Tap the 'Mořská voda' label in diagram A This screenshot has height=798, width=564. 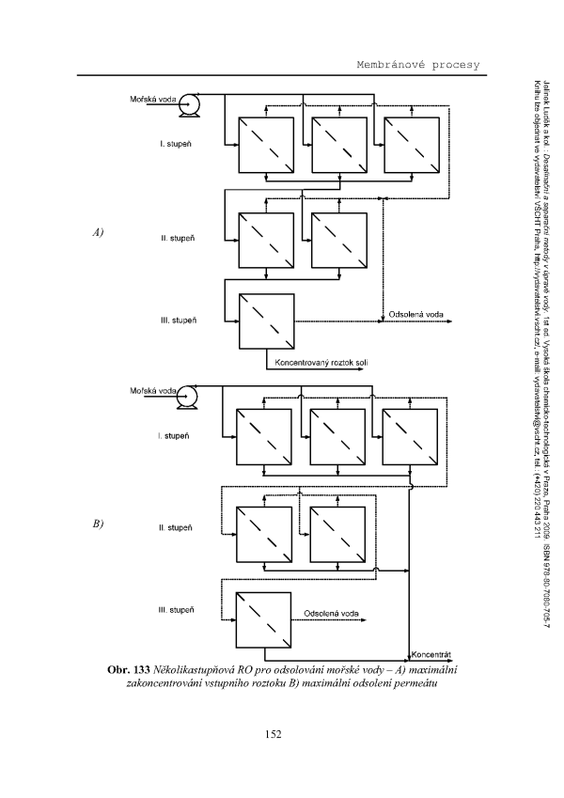click(151, 98)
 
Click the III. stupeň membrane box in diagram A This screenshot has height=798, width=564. click(268, 321)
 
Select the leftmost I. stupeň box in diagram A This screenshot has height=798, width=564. click(268, 146)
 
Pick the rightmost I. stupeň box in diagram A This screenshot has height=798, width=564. click(411, 146)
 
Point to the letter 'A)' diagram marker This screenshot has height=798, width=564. click(97, 231)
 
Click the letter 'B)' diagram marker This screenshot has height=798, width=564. click(97, 524)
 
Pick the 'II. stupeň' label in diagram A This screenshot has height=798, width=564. click(177, 239)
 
